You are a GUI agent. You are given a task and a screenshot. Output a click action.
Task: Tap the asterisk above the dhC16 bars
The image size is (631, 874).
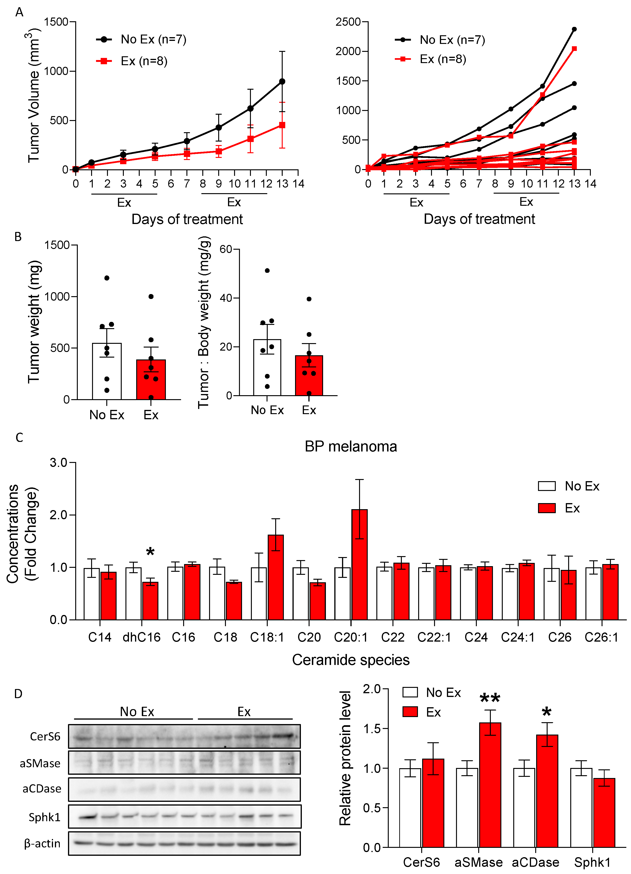[x=150, y=552]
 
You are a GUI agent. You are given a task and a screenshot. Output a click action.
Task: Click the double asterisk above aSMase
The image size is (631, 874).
[x=490, y=698]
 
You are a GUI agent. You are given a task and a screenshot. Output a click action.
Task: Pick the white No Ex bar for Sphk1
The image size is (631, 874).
[x=581, y=807]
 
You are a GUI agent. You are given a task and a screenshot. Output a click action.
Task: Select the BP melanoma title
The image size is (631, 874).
[x=351, y=446]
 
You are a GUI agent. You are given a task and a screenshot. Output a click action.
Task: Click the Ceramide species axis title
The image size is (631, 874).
[x=351, y=660]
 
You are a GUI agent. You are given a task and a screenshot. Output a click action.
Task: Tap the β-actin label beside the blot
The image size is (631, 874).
[x=42, y=844]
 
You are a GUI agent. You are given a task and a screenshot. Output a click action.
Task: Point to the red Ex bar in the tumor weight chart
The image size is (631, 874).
[x=151, y=379]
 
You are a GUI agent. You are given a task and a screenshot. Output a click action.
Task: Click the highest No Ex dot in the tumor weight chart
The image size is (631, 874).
[x=107, y=278]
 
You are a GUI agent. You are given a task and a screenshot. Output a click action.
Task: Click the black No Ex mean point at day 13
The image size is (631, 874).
[x=282, y=81]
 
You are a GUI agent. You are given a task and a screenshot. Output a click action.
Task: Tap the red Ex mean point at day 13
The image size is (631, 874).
[x=282, y=125]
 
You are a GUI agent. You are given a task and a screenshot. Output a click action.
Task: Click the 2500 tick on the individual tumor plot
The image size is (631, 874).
[x=348, y=21]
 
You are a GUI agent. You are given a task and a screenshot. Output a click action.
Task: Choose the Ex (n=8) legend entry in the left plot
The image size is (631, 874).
[x=132, y=61]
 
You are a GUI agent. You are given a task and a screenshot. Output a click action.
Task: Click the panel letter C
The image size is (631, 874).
[x=19, y=438]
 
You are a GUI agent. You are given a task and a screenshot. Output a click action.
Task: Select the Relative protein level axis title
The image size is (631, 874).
[x=345, y=758]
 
